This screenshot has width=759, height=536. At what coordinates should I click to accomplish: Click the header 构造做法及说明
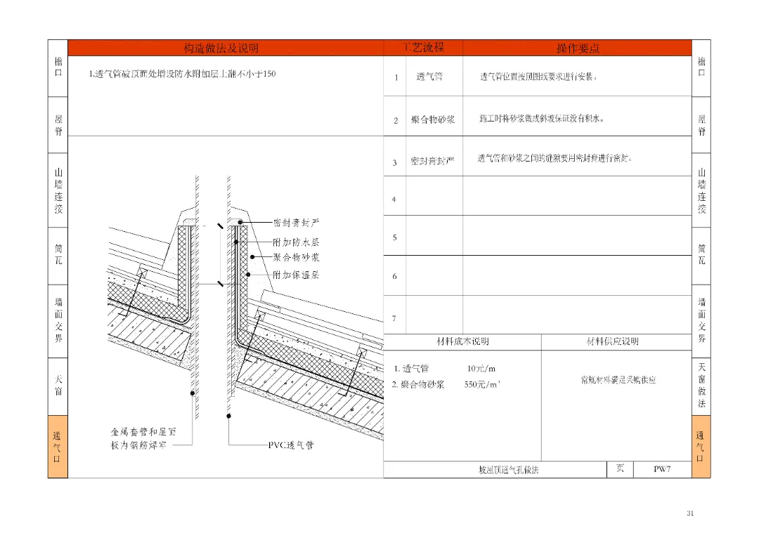[x=221, y=48]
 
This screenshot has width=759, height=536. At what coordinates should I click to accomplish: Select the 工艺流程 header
[x=423, y=48]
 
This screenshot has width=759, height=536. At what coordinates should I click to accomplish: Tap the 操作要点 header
[x=578, y=48]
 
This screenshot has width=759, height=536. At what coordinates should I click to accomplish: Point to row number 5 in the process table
[x=394, y=237]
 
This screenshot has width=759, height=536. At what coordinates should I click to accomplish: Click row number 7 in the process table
[x=394, y=318]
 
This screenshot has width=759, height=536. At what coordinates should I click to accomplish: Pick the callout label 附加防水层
[x=296, y=241]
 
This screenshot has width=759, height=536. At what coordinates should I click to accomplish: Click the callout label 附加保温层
[x=296, y=275]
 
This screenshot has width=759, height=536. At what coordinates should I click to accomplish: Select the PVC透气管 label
[x=290, y=445]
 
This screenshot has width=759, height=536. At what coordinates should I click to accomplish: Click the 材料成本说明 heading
[x=462, y=341]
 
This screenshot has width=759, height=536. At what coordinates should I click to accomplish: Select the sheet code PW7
[x=662, y=469]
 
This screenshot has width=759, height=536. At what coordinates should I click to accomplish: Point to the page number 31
[x=690, y=514]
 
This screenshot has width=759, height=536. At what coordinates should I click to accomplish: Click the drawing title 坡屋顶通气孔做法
[x=508, y=469]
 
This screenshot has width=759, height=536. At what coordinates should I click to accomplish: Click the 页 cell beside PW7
[x=620, y=469]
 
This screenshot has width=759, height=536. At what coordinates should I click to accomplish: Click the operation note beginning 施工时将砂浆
[x=541, y=119]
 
